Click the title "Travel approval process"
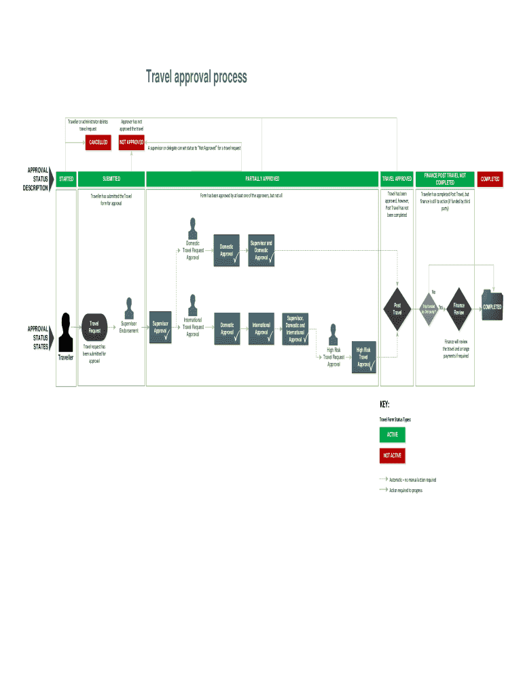[x=196, y=77]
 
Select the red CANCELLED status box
[x=98, y=142]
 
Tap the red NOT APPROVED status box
[x=131, y=142]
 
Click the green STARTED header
[x=66, y=179]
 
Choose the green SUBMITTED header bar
[x=111, y=179]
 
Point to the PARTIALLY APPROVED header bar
[x=262, y=179]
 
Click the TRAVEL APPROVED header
[x=397, y=179]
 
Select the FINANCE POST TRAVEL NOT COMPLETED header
[x=445, y=179]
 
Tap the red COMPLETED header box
[x=490, y=179]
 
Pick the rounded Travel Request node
[x=94, y=327]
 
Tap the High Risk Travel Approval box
[x=364, y=357]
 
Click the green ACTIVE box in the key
[x=393, y=434]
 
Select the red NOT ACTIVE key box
[x=393, y=455]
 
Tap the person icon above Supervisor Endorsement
[x=129, y=307]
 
